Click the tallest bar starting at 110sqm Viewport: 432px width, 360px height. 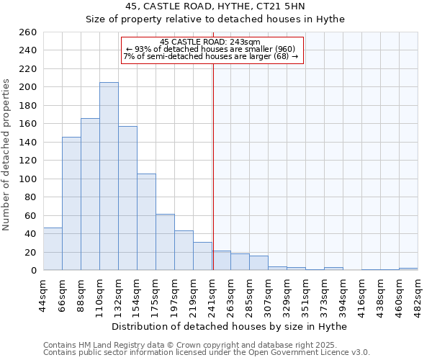(x=109, y=176)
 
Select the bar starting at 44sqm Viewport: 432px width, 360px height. (x=53, y=249)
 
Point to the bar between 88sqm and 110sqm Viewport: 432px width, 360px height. (x=90, y=194)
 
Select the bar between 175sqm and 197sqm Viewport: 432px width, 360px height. (x=165, y=242)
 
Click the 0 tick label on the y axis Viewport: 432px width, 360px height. (x=34, y=271)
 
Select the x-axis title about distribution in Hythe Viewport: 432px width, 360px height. (x=230, y=326)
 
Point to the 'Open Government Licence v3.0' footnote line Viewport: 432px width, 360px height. (x=207, y=352)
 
